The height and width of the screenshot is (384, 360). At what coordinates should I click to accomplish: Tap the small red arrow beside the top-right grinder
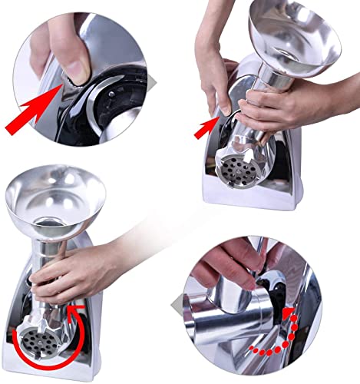click(x=205, y=129)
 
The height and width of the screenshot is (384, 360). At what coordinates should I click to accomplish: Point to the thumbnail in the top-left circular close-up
click(x=72, y=69)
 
